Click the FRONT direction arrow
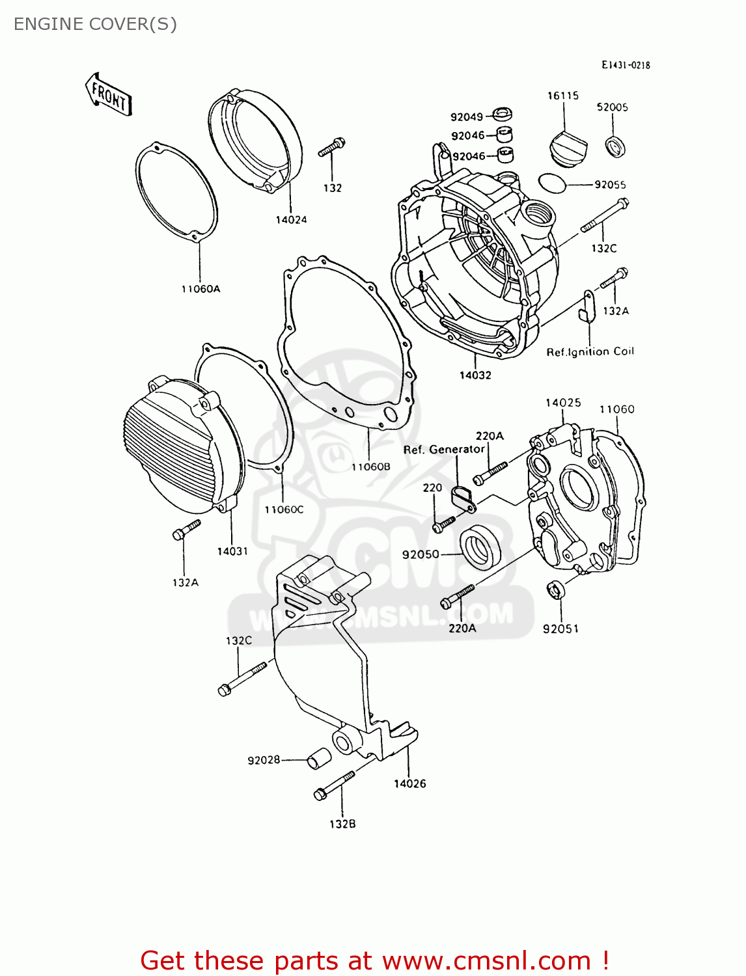pos(109,95)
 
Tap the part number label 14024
pos(291,220)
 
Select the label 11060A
pos(200,289)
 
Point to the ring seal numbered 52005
pos(615,146)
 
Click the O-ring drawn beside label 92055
pos(553,183)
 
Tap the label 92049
pos(467,117)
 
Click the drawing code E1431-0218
pos(626,65)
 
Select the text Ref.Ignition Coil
pos(590,352)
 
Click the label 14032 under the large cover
pos(475,375)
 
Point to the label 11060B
pos(370,467)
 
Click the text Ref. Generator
pos(444,450)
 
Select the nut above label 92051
pos(555,590)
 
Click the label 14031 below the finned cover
pos(232,551)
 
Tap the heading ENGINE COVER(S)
pos(95,24)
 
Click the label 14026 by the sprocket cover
pos(409,784)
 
